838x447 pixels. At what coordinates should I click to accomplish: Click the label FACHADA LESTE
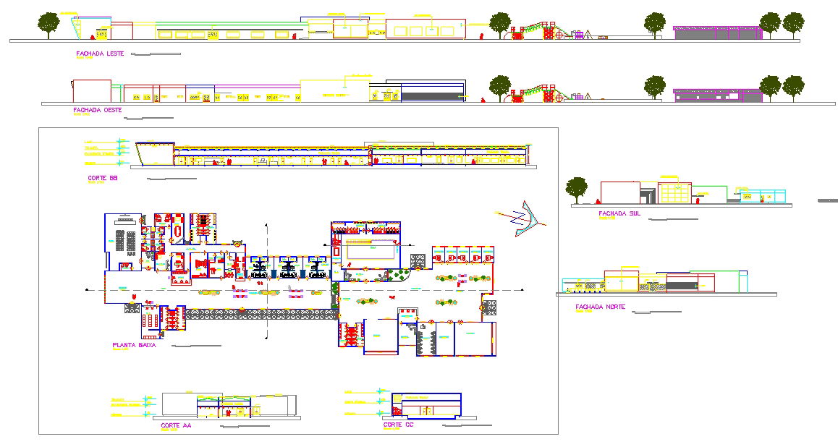coord(100,54)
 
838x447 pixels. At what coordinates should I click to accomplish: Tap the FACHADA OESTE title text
coord(97,111)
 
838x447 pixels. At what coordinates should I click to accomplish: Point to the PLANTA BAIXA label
coord(135,346)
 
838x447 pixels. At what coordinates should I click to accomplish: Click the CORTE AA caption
coord(176,426)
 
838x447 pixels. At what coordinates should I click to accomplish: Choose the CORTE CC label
coord(397,425)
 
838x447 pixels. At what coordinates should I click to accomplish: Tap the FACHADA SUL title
coord(619,213)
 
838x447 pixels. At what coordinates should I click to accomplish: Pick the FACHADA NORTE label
coord(600,307)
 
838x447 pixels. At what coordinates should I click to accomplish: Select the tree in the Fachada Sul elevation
coord(576,189)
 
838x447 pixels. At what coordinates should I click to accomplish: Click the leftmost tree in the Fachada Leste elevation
coord(48,24)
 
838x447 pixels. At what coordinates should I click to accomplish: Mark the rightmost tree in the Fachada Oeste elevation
coord(793,87)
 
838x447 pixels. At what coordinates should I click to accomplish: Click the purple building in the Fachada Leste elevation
coord(716,33)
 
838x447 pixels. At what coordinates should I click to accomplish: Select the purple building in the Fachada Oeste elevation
coord(716,95)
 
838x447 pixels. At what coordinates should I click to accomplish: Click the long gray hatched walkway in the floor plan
coord(261,314)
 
